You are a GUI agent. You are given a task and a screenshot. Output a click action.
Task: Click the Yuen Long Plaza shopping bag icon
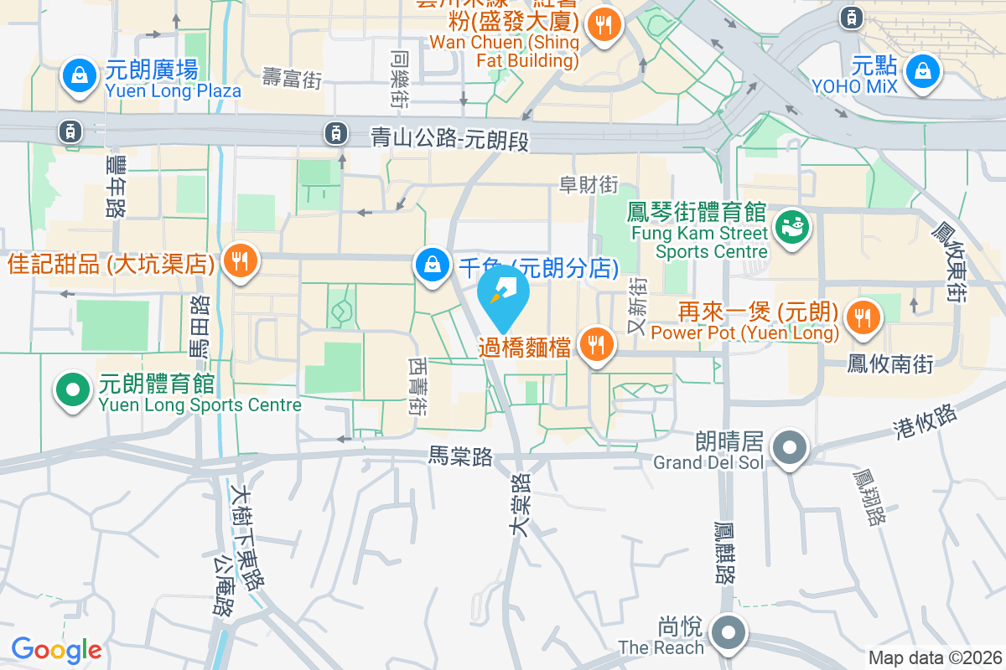tap(79, 76)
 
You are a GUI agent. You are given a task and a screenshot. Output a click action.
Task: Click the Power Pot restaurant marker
tap(863, 317)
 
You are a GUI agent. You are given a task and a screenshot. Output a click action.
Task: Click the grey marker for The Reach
tap(729, 632)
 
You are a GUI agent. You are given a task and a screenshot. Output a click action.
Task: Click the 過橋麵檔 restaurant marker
tap(596, 343)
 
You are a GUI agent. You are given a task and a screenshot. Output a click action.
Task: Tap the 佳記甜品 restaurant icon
tap(241, 261)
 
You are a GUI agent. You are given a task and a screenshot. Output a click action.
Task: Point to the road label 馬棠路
tap(460, 456)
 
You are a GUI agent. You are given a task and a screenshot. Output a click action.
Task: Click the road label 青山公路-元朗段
tap(451, 138)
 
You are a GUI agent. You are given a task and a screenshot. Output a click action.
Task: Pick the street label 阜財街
tap(589, 185)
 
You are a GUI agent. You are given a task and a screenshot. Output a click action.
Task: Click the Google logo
tap(56, 649)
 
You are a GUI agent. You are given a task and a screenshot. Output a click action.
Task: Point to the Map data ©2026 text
tap(934, 658)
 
